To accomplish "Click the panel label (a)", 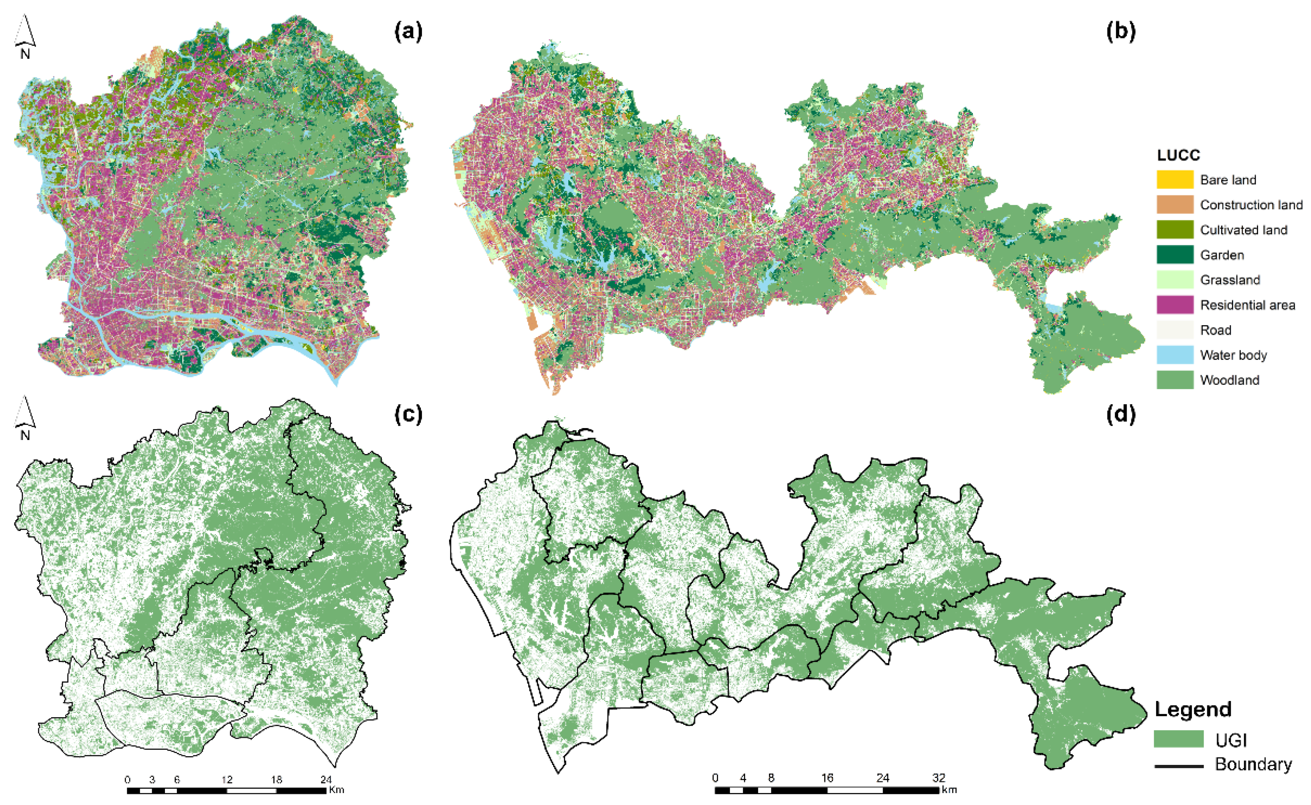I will pyautogui.click(x=408, y=32).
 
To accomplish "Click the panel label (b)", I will pyautogui.click(x=1120, y=32).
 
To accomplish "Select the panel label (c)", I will pyautogui.click(x=408, y=414).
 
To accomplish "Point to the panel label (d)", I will pyautogui.click(x=1120, y=414).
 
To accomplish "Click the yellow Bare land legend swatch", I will pyautogui.click(x=1175, y=180).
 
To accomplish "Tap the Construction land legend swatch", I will pyautogui.click(x=1175, y=205).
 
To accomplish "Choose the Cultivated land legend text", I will pyautogui.click(x=1243, y=230).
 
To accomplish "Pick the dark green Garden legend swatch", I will pyautogui.click(x=1175, y=255).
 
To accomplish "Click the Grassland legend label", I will pyautogui.click(x=1230, y=280).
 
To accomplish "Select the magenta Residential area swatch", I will pyautogui.click(x=1175, y=305).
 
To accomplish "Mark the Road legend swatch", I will pyautogui.click(x=1175, y=330).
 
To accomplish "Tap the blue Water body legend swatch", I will pyautogui.click(x=1175, y=355).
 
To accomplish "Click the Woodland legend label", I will pyautogui.click(x=1230, y=380).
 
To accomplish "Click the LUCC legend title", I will pyautogui.click(x=1177, y=155).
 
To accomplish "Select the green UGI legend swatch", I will pyautogui.click(x=1178, y=739).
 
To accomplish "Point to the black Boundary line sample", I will pyautogui.click(x=1178, y=766).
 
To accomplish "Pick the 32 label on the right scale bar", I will pyautogui.click(x=938, y=778).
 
